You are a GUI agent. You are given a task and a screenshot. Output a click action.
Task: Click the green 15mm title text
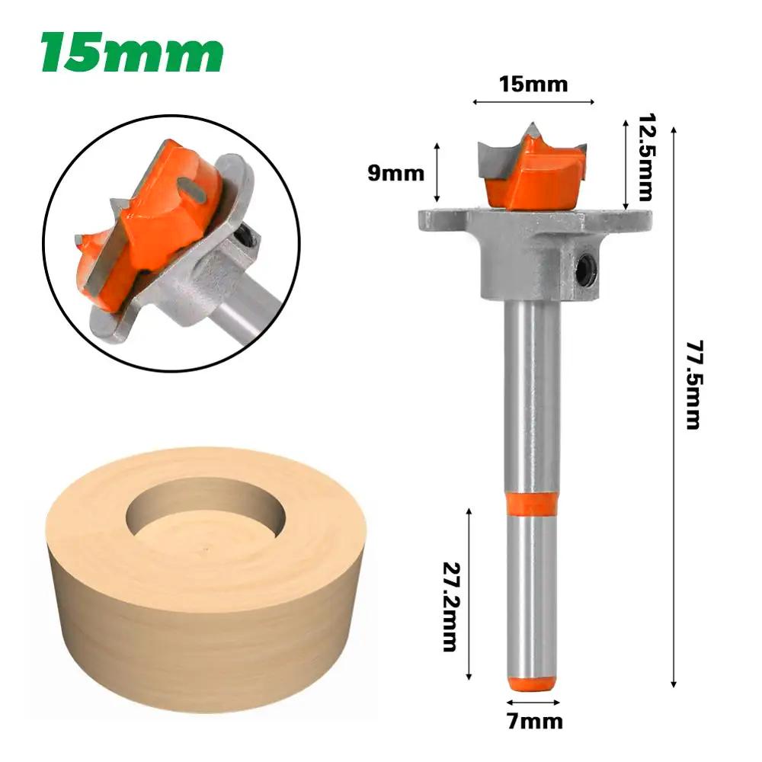tap(132, 53)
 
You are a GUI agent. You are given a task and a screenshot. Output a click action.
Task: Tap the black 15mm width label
tap(533, 84)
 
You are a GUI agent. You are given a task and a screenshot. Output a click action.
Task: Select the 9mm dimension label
tap(395, 173)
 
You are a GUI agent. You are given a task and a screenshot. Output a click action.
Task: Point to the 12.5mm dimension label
tap(647, 155)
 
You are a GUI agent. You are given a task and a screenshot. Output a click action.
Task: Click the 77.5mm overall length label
tap(691, 384)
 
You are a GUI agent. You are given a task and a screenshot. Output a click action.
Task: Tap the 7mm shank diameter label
tap(533, 720)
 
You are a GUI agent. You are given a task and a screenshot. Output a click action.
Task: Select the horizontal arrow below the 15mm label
tap(533, 101)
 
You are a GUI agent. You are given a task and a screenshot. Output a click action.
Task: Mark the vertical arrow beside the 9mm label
tap(437, 171)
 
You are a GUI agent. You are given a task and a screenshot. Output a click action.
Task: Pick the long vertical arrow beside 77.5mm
tap(674, 396)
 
